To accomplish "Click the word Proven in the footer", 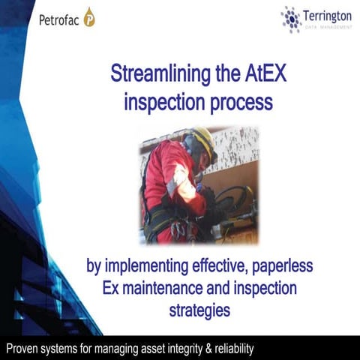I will point(23,348).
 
